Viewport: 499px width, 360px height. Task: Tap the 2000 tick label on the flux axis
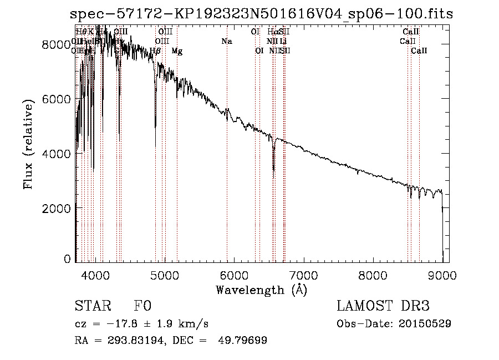pos(58,207)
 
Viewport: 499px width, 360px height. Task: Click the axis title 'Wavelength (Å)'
pos(261,290)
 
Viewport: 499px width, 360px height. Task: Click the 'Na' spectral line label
pos(226,42)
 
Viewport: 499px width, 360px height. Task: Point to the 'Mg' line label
pos(177,51)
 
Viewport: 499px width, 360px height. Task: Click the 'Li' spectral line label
pos(283,42)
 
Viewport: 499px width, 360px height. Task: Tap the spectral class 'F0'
pos(142,306)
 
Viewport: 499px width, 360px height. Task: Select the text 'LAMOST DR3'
pos(383,306)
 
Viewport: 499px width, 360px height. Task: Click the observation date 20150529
pos(425,323)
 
